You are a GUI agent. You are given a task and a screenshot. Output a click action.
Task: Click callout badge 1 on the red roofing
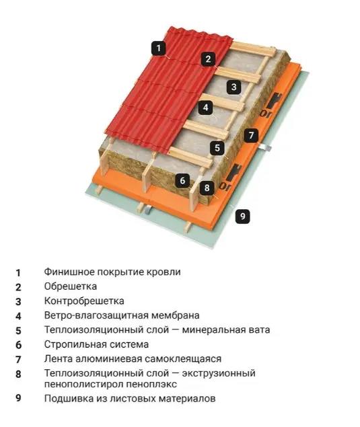159,48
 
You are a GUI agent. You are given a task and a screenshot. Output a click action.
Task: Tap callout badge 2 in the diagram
209,59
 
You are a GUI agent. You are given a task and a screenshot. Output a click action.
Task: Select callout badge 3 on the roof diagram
234,87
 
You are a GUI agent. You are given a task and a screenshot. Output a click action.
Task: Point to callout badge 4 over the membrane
206,108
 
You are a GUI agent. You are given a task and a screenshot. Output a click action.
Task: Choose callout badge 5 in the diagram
217,148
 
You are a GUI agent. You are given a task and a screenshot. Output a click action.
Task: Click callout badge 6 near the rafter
182,180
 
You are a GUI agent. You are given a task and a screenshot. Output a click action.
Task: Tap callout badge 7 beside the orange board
251,135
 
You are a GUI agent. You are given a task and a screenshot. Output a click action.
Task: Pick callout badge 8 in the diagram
207,188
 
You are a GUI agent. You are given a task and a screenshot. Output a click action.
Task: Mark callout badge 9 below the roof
242,217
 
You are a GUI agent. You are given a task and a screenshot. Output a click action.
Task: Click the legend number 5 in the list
18,331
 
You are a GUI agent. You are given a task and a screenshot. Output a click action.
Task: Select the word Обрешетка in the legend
71,286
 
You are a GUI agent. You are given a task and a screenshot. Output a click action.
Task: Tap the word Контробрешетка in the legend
84,301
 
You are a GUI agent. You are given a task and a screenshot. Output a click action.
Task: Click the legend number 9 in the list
18,398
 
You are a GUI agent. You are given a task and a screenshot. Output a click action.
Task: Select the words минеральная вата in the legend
226,330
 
